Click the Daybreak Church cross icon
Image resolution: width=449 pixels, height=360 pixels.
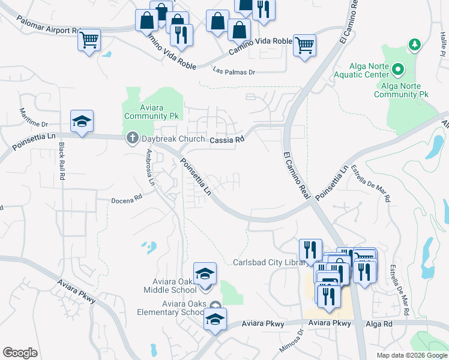click(132, 139)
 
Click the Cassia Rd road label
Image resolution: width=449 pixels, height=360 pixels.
click(228, 139)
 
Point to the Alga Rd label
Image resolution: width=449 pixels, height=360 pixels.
click(379, 323)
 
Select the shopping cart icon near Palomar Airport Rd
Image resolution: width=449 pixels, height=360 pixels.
click(89, 41)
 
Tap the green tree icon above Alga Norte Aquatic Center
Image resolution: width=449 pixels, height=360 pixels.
click(414, 44)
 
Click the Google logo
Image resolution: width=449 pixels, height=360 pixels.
click(20, 353)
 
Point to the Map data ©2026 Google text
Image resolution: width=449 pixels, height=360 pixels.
click(411, 355)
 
